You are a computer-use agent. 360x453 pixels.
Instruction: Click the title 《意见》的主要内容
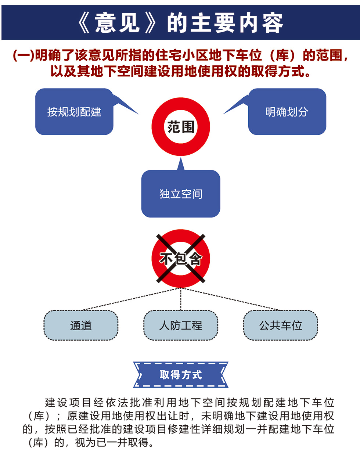click(x=180, y=23)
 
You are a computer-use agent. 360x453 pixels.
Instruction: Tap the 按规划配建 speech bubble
click(x=74, y=112)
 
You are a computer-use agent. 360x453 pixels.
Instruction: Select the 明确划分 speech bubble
click(x=287, y=112)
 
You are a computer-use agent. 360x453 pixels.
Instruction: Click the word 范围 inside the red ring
click(x=181, y=127)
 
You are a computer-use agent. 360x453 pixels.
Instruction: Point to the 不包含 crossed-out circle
click(x=181, y=259)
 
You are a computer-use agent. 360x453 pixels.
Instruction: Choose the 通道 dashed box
click(x=81, y=326)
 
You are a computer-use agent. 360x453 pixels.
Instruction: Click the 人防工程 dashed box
click(x=181, y=326)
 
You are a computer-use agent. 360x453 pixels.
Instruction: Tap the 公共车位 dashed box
click(x=281, y=326)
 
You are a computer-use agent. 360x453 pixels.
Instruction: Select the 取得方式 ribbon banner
click(x=181, y=375)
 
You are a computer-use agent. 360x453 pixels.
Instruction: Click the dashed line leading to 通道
click(x=131, y=299)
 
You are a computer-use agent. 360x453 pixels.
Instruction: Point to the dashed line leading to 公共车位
click(x=231, y=299)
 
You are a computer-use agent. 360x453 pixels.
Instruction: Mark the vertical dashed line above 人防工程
click(x=181, y=299)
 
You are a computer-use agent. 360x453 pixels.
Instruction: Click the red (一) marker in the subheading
click(x=24, y=55)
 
